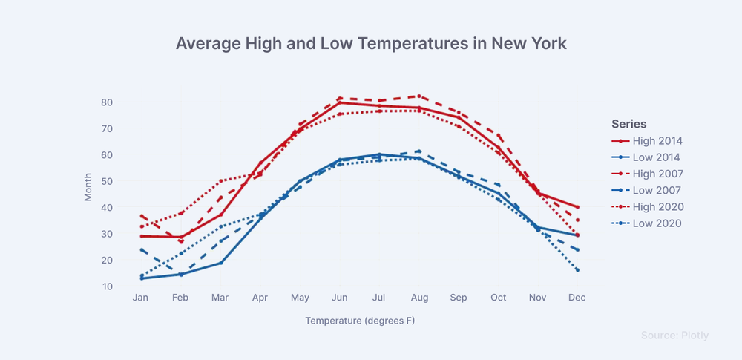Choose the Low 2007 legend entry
coord(646,191)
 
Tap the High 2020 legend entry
coord(647,207)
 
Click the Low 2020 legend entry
coord(646,223)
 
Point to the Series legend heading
coord(629,124)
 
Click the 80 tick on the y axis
coord(106,102)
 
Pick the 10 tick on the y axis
coord(106,286)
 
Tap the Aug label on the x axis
coord(419,298)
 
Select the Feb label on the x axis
coord(180,298)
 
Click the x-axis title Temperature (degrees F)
coord(360,321)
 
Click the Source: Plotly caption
coord(674,336)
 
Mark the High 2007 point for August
coord(418,96)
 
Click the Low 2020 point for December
coord(577,270)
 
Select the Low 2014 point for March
coord(220,263)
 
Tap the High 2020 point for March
coord(220,181)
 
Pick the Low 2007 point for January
coord(141,249)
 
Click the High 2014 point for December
coord(577,207)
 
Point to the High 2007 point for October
coord(499,136)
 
